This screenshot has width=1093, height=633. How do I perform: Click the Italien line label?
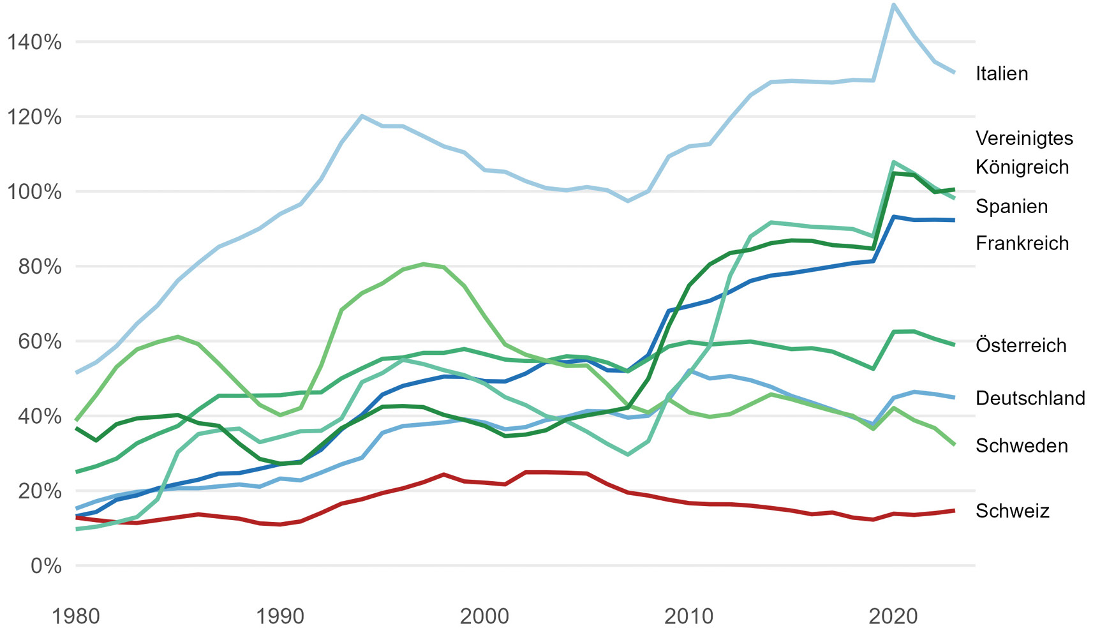(x=1001, y=73)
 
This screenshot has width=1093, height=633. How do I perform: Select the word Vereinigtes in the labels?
(x=1024, y=138)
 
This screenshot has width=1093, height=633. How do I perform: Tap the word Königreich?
(x=1022, y=167)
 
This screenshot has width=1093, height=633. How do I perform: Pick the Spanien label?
(x=1011, y=207)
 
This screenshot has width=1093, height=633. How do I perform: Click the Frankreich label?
(x=1022, y=243)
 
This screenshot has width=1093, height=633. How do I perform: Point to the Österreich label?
(x=1020, y=345)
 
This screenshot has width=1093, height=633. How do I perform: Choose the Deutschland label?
(x=1030, y=398)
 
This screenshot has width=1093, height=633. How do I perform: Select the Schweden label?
(x=1021, y=445)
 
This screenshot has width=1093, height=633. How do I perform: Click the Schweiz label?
(x=1012, y=510)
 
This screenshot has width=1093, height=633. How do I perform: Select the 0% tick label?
(x=45, y=566)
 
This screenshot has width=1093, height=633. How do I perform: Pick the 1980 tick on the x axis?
(x=76, y=616)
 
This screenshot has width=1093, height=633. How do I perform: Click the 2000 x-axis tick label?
(x=484, y=616)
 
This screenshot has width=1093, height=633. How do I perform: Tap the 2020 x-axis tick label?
(x=893, y=616)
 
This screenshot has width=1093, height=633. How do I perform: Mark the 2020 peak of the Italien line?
(x=893, y=5)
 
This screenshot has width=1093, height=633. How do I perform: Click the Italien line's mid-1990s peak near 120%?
(x=362, y=116)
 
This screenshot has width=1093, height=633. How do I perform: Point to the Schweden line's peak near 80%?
(x=424, y=264)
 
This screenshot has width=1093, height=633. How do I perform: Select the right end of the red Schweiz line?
(x=954, y=510)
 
